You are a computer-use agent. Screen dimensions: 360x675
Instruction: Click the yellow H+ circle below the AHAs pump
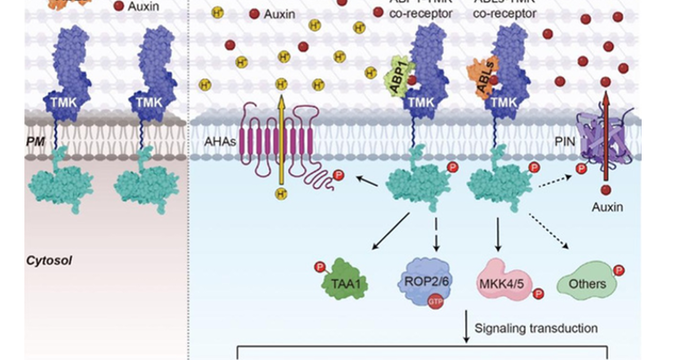[x=281, y=193]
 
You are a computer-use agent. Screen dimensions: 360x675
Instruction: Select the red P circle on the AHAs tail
[x=338, y=174]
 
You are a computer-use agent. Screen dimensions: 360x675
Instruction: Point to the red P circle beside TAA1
[x=318, y=265]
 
